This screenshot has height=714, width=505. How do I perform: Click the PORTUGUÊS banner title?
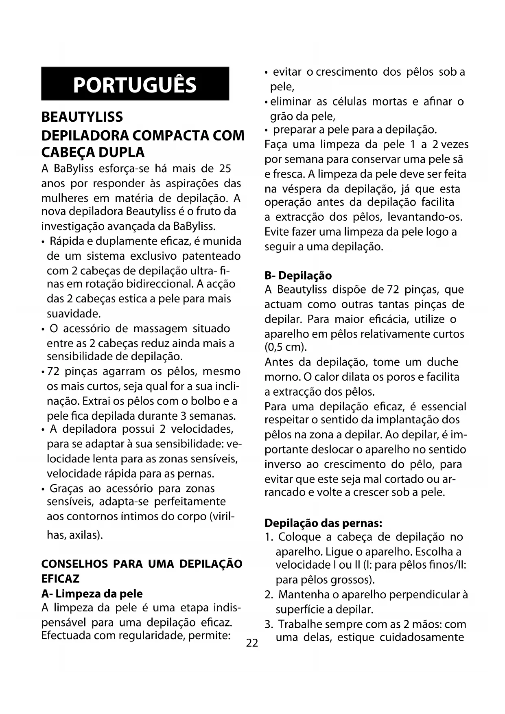click(135, 85)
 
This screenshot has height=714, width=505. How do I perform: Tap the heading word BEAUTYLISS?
click(82, 117)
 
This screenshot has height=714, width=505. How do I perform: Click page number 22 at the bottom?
click(252, 643)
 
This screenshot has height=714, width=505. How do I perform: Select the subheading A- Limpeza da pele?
click(92, 594)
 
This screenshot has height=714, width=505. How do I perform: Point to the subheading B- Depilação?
click(298, 276)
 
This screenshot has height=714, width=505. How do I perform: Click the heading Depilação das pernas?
click(324, 523)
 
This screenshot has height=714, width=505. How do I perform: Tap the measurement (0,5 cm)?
click(286, 347)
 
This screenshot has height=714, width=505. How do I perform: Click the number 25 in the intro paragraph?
click(225, 168)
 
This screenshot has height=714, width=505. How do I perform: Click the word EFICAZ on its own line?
click(61, 578)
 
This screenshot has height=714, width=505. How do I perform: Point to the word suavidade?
click(74, 314)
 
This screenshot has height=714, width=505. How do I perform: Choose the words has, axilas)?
click(75, 535)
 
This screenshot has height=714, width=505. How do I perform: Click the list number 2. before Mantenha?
click(269, 595)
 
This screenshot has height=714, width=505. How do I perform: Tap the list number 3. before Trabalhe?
click(269, 624)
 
